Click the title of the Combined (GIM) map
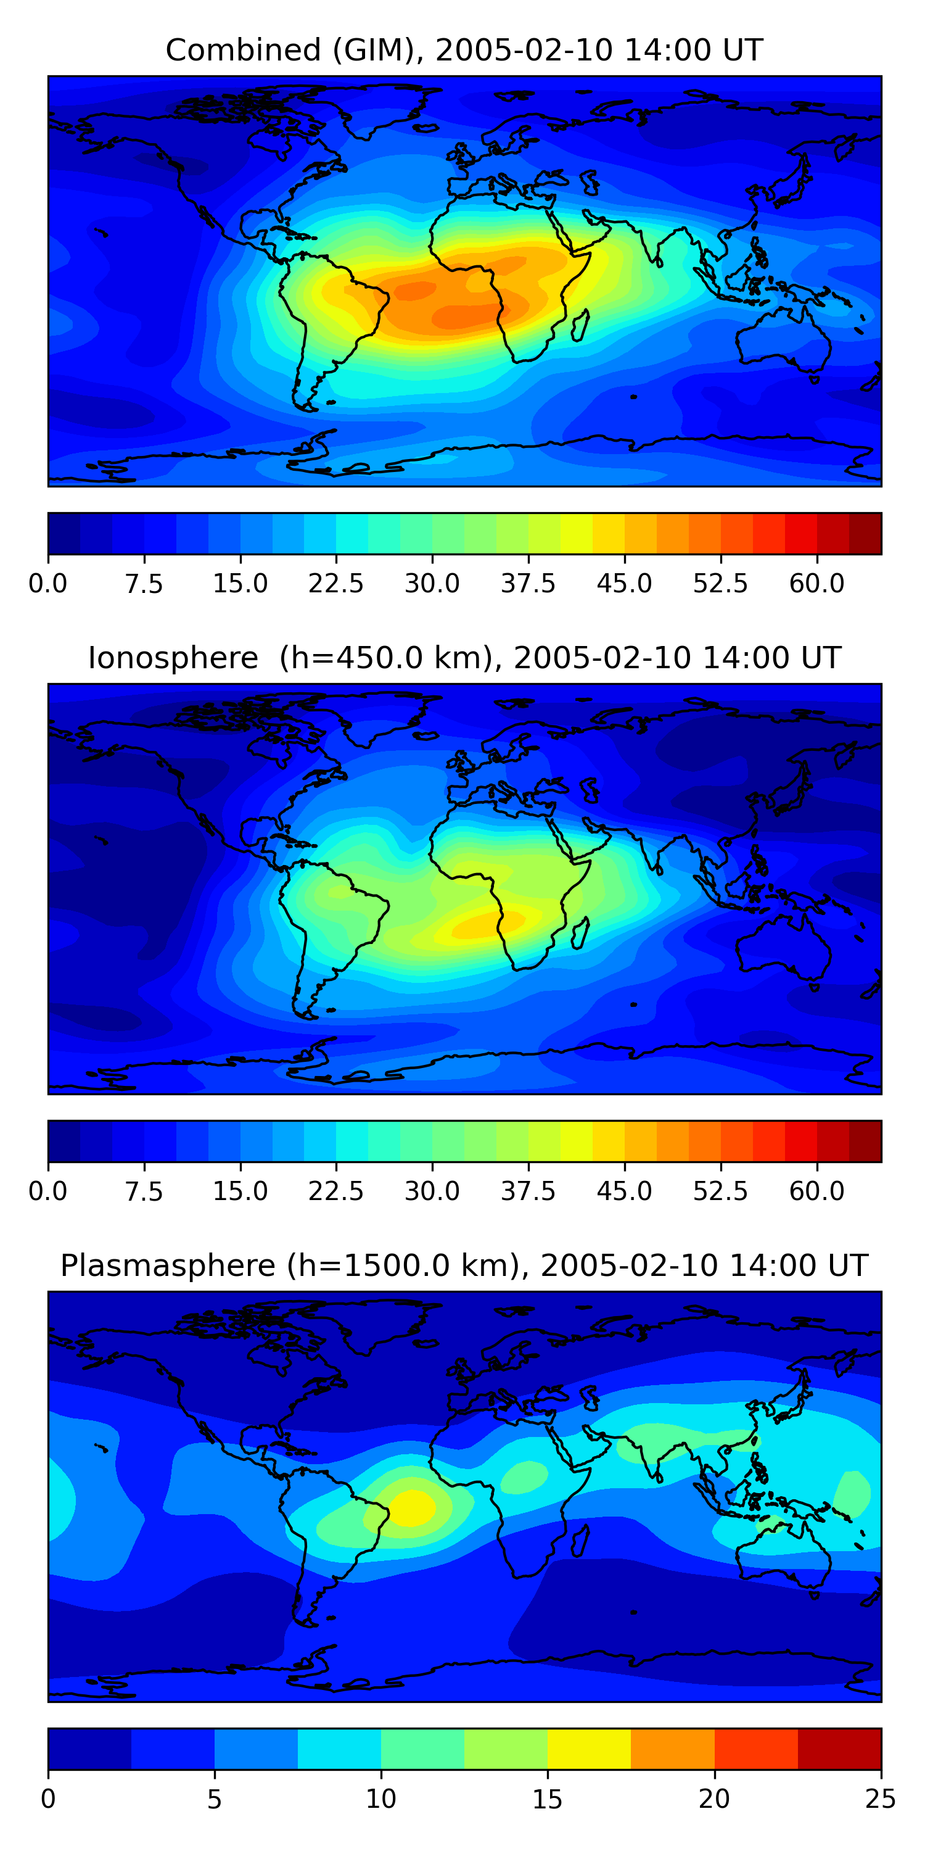[464, 51]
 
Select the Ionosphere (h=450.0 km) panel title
[464, 658]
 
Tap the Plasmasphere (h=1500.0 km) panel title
[464, 1265]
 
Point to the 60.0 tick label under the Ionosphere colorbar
[816, 1191]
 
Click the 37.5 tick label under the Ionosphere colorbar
[528, 1191]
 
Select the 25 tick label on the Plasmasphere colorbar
[881, 1799]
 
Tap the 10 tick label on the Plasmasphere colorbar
[380, 1799]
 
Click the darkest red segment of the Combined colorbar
[865, 534]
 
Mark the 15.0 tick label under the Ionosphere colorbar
[240, 1191]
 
